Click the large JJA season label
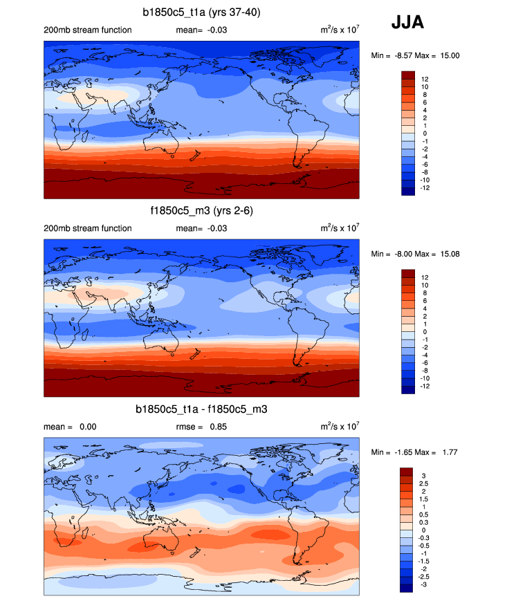(x=408, y=23)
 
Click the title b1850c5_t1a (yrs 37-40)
(x=201, y=11)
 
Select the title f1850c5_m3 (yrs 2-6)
(x=201, y=210)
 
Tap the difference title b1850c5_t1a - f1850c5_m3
(x=201, y=409)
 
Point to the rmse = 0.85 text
(x=200, y=427)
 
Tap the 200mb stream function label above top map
(x=87, y=30)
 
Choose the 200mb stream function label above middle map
(x=87, y=228)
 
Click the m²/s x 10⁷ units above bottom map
(x=340, y=426)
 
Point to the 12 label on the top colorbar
(x=424, y=79)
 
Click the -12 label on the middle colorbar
(x=425, y=387)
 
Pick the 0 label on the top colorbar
(x=422, y=133)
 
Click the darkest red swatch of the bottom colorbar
(x=407, y=472)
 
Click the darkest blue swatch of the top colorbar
(x=407, y=192)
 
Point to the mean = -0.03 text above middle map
(x=201, y=228)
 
